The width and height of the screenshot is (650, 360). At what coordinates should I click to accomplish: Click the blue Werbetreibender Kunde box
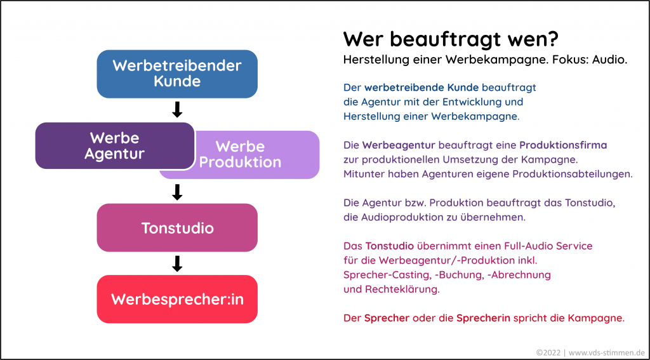coord(177,74)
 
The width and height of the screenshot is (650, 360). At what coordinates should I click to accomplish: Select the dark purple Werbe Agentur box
coord(115,145)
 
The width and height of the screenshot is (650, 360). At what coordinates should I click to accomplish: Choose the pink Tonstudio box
coord(177,228)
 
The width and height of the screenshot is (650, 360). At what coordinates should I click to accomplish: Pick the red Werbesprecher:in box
coord(177,299)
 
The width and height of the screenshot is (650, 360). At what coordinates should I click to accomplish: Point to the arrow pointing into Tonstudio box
coord(178,192)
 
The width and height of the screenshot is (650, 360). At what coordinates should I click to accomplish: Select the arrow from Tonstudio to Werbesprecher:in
coord(178,263)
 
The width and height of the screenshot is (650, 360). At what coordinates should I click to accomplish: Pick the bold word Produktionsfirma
coord(564,145)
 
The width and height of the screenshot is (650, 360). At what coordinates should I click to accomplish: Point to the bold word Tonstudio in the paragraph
coord(389,246)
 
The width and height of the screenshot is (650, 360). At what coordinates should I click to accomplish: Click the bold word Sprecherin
coord(483,319)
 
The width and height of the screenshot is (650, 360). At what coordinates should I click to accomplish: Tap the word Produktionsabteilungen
coord(573,175)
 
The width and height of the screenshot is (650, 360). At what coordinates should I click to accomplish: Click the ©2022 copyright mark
coord(548,352)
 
